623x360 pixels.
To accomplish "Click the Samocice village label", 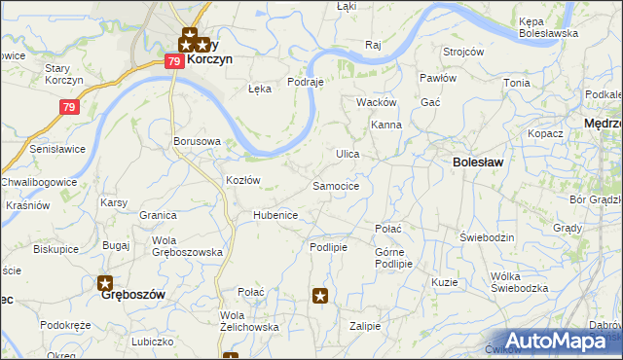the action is (337, 185).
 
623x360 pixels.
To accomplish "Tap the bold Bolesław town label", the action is (478, 162).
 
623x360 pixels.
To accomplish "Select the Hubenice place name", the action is (275, 215).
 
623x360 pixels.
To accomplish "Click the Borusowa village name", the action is (197, 141).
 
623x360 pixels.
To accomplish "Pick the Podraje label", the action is (305, 83).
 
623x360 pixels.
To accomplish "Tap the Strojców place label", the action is (463, 52).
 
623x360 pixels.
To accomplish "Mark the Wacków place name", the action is (376, 102).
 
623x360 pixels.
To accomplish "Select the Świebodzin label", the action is (486, 237).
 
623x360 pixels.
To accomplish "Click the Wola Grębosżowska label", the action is (187, 245).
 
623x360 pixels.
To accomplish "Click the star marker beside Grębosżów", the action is (106, 283).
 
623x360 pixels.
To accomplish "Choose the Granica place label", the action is (157, 215).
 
